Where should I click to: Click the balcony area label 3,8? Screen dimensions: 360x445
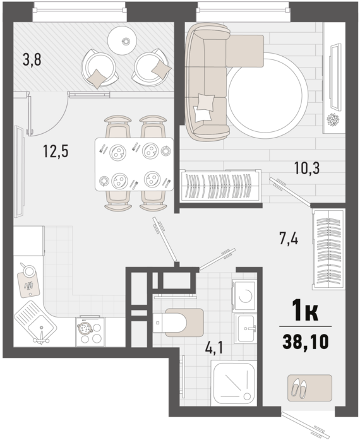[32, 60]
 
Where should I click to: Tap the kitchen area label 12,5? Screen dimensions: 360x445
[56, 151]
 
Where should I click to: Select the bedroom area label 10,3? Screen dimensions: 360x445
[307, 169]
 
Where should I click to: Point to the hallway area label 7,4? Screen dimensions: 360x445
[289, 239]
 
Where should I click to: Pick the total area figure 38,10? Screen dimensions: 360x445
[306, 341]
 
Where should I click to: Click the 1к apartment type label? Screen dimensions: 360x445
[305, 311]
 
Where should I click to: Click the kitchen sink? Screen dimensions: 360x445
[35, 321]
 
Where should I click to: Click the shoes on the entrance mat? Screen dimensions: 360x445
[299, 388]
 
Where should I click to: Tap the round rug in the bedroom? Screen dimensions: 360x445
[267, 95]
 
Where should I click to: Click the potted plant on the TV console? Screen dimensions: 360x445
[333, 120]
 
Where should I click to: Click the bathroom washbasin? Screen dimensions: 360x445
[245, 329]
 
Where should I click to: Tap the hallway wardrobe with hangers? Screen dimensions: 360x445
[328, 249]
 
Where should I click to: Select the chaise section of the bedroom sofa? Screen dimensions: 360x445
[245, 51]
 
